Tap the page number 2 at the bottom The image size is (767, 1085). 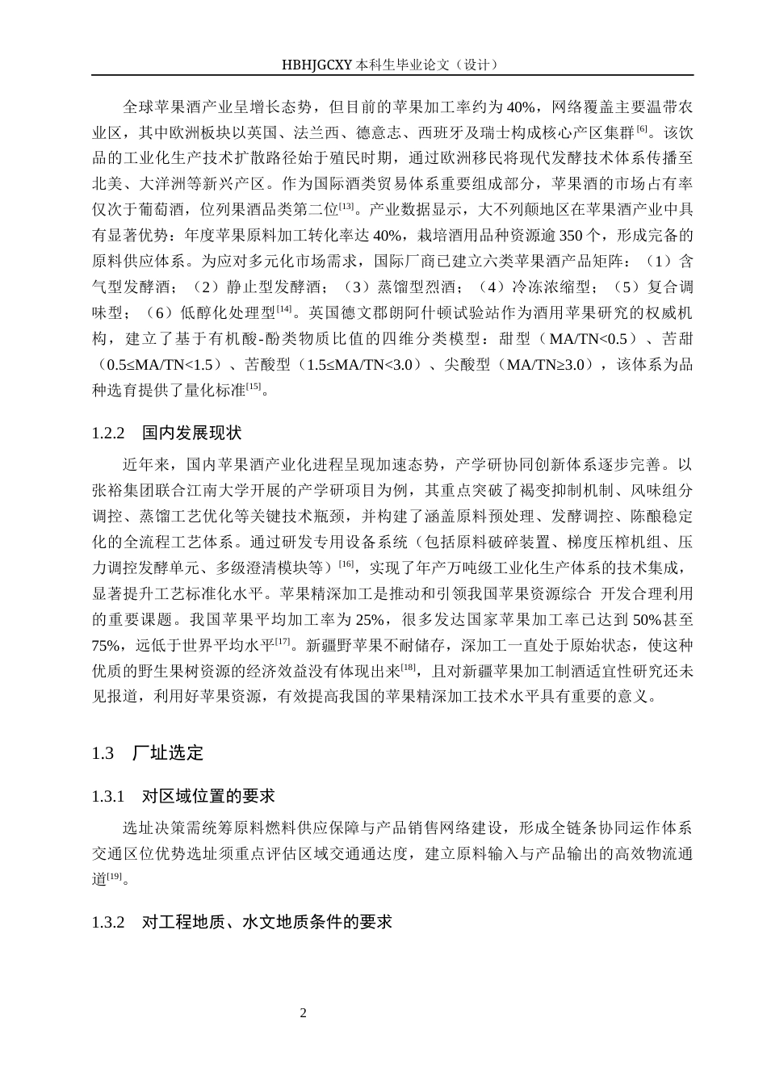303,1012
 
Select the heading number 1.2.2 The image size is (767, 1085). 108,433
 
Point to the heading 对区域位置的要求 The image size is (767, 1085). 208,797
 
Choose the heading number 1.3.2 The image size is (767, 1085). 108,921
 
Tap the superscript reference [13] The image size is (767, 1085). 347,207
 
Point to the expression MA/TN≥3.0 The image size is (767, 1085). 547,364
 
